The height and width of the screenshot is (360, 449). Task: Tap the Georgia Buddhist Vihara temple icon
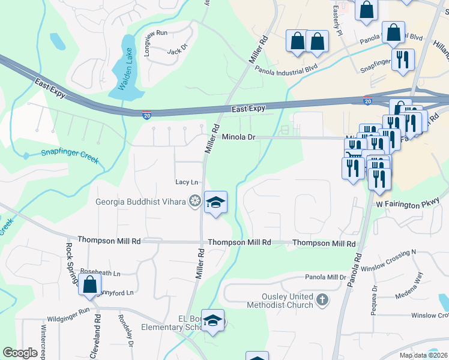click(194, 202)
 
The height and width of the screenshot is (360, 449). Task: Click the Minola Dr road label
click(239, 137)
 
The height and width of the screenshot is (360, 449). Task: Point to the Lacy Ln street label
click(186, 182)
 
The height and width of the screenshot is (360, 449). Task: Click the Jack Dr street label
click(174, 52)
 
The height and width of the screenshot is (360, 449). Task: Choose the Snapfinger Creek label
click(70, 152)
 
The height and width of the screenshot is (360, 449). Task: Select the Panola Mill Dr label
click(326, 277)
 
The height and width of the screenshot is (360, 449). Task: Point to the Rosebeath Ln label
click(100, 273)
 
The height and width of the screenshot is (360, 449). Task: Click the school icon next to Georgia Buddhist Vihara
click(215, 202)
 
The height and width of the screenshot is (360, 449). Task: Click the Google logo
click(20, 353)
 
